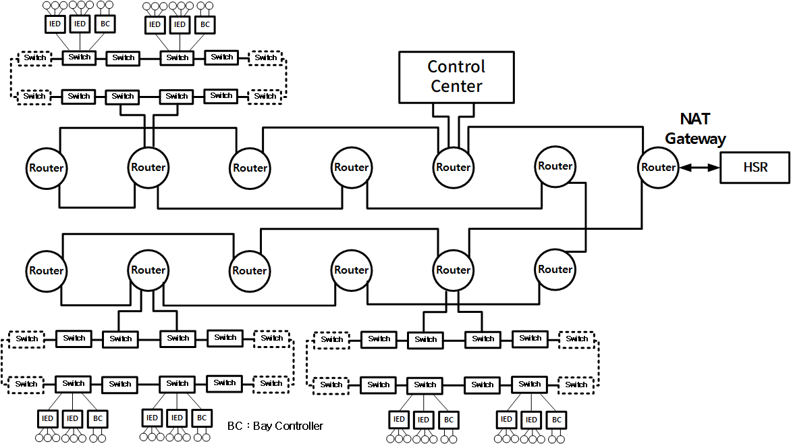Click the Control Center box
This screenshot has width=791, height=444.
pos(456,76)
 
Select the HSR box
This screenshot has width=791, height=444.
pos(755,167)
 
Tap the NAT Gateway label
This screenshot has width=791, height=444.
pos(695,129)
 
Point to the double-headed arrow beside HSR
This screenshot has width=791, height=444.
pos(699,167)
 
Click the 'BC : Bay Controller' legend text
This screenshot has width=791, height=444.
pos(275,426)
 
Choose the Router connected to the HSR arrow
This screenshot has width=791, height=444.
pos(657,167)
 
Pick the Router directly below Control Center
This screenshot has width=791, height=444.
pos(453,167)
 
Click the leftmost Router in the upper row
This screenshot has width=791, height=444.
pos(46,168)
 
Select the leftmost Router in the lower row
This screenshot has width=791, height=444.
pos(46,270)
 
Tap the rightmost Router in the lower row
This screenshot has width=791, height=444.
pos(555,269)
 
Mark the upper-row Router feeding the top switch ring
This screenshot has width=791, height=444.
pos(148,167)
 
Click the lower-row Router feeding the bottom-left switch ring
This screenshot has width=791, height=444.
pos(148,270)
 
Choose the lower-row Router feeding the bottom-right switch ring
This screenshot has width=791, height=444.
pos(453,270)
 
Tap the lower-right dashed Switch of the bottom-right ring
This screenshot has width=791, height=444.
pos(576,385)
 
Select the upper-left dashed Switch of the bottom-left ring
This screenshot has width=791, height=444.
pos(27,339)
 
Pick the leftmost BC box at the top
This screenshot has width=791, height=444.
pos(105,24)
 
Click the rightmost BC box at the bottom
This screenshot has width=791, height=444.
pos(556,420)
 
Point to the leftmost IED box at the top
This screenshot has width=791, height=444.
pos(55,24)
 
